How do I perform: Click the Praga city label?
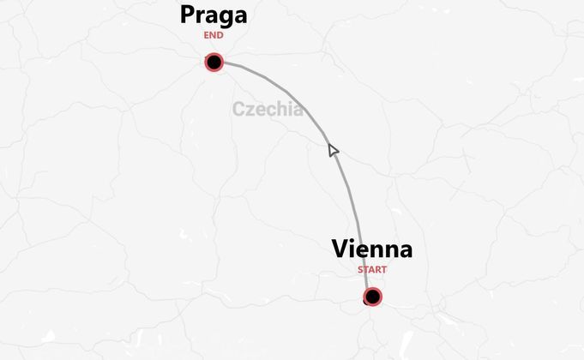pos(214,15)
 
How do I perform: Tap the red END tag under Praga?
pos(214,36)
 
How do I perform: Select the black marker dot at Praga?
pos(214,62)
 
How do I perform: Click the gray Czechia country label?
pos(267,109)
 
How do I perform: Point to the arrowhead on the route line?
pos(333,151)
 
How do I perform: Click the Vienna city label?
pos(371,249)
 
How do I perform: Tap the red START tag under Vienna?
pos(372,270)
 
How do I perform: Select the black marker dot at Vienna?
pos(372,297)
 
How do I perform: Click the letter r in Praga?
pos(202,16)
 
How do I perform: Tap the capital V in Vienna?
pos(340,249)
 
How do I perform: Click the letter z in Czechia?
pos(250,111)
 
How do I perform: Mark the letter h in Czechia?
pos(280,109)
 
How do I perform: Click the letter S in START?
pos(361,270)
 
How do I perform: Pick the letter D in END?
pos(220,36)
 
